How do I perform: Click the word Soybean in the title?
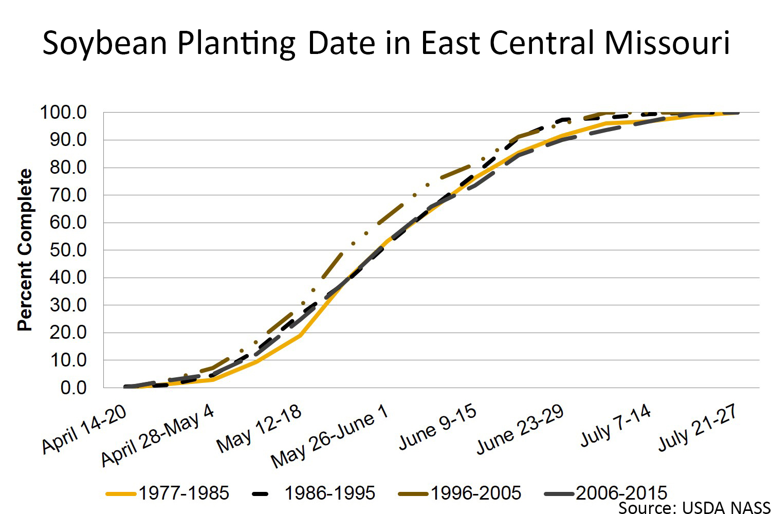point(105,43)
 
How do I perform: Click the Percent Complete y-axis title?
point(25,250)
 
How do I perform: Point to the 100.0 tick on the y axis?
point(63,112)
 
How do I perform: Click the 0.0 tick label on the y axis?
point(74,388)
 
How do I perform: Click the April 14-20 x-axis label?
point(85,429)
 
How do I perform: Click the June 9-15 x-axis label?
point(438,427)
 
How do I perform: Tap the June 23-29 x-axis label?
point(520,429)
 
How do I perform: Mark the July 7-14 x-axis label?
point(616,426)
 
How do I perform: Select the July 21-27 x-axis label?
point(698,427)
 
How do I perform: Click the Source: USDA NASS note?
point(694,508)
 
